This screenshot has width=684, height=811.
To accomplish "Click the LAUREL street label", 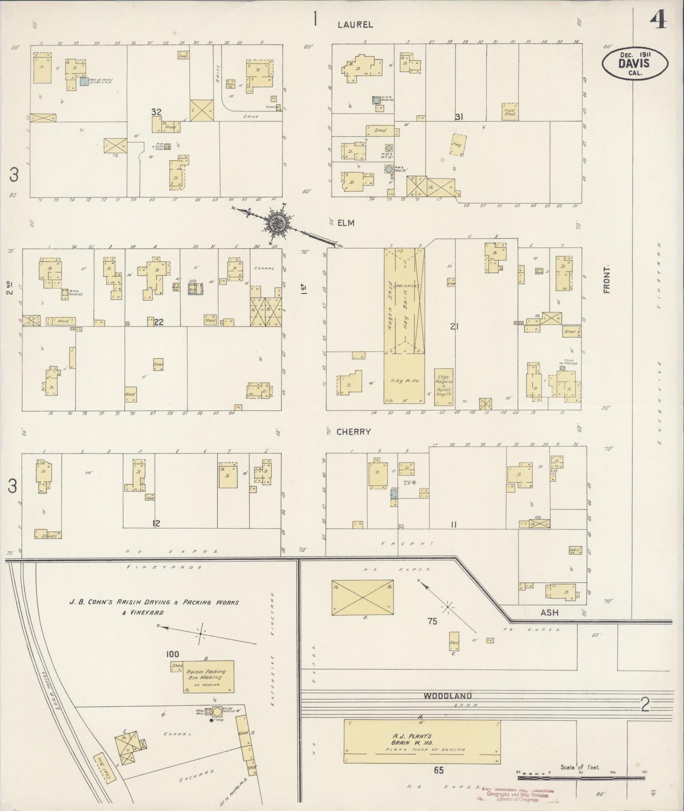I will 355,25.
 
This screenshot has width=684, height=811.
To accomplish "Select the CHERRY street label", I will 354,432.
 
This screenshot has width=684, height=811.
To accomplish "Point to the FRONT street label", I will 606,279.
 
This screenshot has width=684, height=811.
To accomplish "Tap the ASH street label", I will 550,613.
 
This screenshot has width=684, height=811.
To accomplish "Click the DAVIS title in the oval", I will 634,63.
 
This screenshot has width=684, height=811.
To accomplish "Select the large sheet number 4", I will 660,19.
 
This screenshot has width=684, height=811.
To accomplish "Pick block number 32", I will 156,112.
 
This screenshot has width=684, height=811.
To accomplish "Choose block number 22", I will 159,322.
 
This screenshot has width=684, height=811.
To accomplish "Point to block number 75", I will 432,621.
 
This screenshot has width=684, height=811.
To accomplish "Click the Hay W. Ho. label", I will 404,381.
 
